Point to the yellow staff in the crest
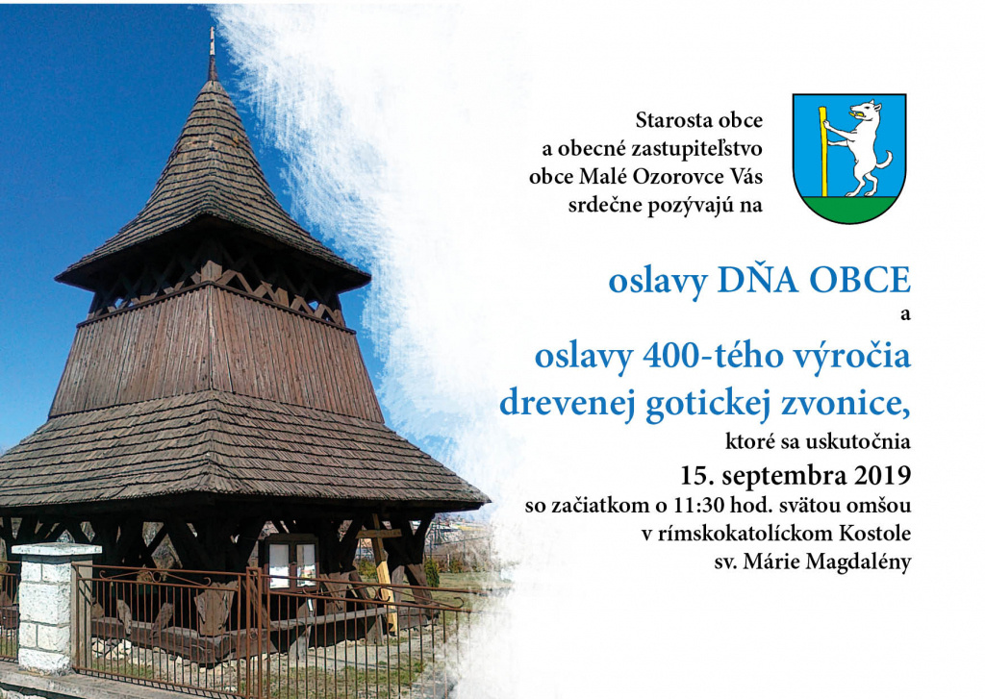(823, 151)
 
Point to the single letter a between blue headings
(905, 314)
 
